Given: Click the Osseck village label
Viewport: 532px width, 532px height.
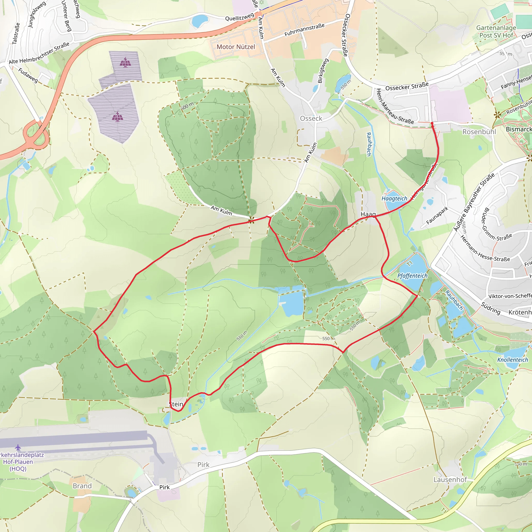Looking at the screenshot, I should click(x=311, y=118).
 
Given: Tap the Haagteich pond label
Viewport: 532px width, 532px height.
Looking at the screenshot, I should click(x=394, y=198).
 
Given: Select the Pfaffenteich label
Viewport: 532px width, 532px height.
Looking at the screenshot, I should click(x=412, y=276).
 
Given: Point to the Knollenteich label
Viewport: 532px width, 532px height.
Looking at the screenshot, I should click(x=513, y=360).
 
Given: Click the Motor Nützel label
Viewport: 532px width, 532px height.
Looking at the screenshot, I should click(x=236, y=47).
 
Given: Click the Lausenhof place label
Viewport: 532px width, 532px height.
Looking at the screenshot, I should click(x=450, y=480).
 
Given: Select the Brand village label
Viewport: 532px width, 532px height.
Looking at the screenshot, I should click(x=82, y=486).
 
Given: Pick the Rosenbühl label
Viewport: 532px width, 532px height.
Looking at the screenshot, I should click(x=479, y=132).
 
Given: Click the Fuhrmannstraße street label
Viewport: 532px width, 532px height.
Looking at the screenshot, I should click(x=304, y=30).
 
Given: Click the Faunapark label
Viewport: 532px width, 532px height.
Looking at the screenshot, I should click(x=437, y=215).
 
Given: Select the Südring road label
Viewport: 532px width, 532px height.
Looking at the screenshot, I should click(x=491, y=308).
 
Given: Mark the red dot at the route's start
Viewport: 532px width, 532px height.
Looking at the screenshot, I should click(x=432, y=123).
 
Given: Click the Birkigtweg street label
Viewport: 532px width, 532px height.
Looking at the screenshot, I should click(x=323, y=70).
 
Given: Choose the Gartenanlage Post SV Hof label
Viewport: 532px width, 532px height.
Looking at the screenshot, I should click(x=496, y=31).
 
